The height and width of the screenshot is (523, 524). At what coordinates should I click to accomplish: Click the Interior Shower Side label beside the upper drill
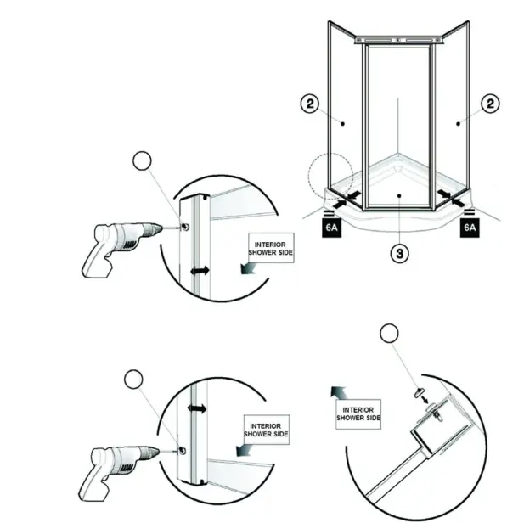[x=269, y=248]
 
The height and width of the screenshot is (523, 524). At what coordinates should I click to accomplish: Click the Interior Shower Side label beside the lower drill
[x=266, y=428]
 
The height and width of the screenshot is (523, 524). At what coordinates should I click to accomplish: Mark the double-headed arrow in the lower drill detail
[x=199, y=408]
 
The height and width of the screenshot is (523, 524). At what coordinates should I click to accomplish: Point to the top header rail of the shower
[x=397, y=39]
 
